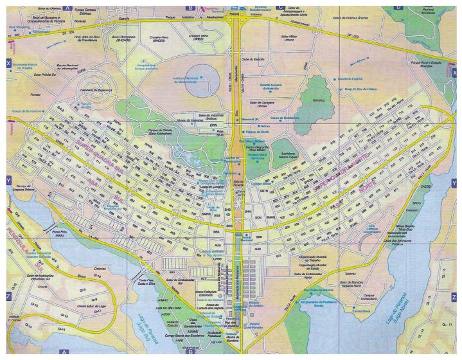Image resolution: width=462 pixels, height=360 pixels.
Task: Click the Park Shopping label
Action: pyautogui.click(x=21, y=28)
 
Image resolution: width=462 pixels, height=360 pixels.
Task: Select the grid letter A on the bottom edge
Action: pyautogui.click(x=64, y=352)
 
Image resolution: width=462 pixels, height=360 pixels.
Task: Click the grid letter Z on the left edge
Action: pyautogui.click(x=7, y=296)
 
